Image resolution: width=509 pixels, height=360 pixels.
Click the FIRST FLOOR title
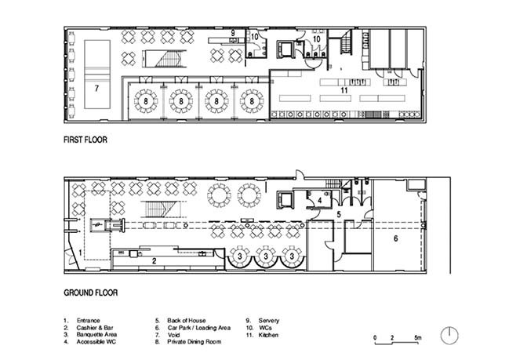click(85, 140)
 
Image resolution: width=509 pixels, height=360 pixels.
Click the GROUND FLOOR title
click(90, 293)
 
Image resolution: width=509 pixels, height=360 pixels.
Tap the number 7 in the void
click(96, 88)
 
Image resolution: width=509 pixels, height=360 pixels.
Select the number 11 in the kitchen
click(344, 90)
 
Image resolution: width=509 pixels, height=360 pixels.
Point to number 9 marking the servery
click(233, 33)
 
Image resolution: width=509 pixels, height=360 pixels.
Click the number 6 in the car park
click(396, 238)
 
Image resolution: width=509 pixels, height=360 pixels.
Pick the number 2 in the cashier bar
click(155, 260)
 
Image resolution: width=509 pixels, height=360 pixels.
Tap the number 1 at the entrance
click(81, 253)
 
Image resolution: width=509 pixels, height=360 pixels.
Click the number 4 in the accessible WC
click(320, 201)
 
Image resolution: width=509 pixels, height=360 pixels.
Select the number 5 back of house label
click(339, 215)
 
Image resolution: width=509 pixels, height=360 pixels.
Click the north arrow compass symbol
click(449, 336)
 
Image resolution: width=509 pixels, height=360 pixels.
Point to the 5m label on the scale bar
click(418, 337)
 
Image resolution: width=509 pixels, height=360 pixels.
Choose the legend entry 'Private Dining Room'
click(195, 342)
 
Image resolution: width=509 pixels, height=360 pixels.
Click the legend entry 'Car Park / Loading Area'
click(199, 328)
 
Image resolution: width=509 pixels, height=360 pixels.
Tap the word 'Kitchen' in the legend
click(268, 335)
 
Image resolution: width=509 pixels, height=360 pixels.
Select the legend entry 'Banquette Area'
click(96, 335)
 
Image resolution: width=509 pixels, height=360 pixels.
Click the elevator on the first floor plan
click(285, 49)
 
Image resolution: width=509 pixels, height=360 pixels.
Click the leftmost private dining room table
click(146, 101)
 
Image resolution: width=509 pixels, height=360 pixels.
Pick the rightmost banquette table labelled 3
click(293, 257)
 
